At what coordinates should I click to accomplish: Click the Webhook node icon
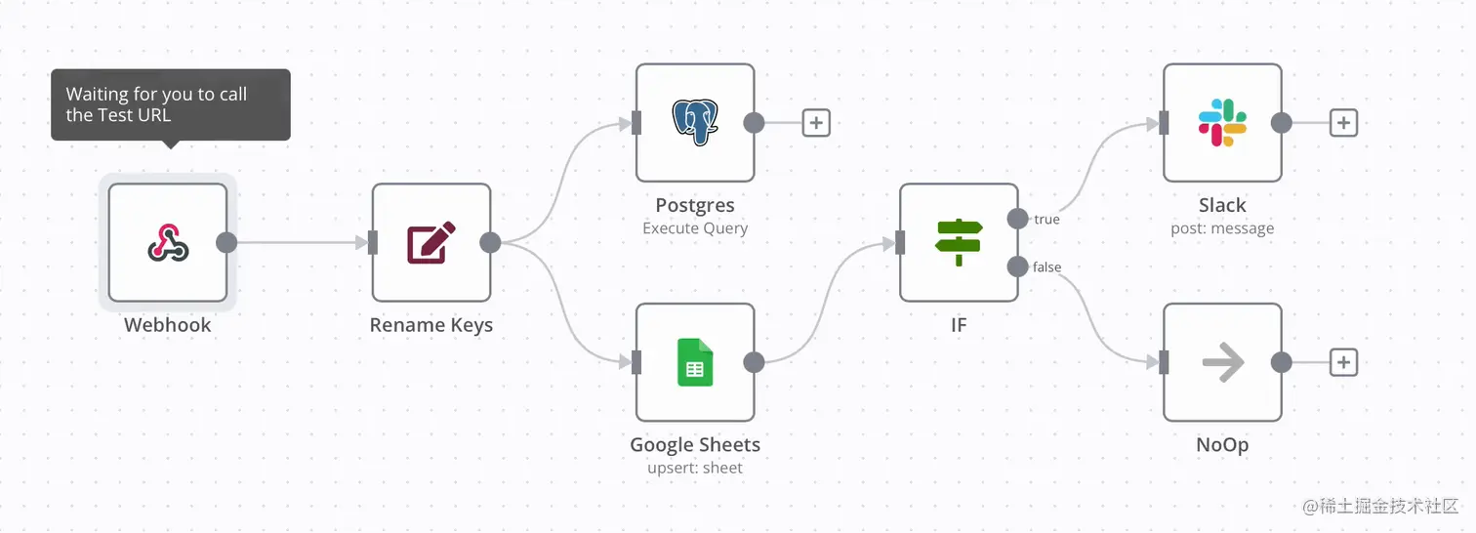tap(168, 242)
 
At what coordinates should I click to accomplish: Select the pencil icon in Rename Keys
tap(430, 243)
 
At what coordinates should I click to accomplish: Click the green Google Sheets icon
tap(695, 362)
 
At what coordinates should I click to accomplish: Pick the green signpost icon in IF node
tap(959, 242)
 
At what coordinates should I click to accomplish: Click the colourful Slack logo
tap(1222, 123)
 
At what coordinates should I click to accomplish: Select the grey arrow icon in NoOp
tap(1222, 363)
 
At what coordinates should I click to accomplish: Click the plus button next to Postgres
tap(816, 123)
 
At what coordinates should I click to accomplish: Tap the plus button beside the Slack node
tap(1343, 123)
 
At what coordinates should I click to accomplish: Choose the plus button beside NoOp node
tap(1343, 363)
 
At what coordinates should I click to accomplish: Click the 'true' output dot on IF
tap(1018, 219)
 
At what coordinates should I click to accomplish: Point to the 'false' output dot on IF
tap(1018, 266)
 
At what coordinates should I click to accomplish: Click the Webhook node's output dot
tap(226, 243)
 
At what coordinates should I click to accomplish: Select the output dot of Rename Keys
tap(490, 243)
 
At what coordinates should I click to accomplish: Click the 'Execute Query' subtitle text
tap(695, 228)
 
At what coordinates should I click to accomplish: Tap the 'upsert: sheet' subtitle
tap(695, 469)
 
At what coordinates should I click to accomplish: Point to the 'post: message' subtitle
tap(1222, 228)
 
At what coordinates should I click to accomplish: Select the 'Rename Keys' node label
tap(430, 325)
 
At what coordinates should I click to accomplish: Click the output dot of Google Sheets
tap(754, 363)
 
